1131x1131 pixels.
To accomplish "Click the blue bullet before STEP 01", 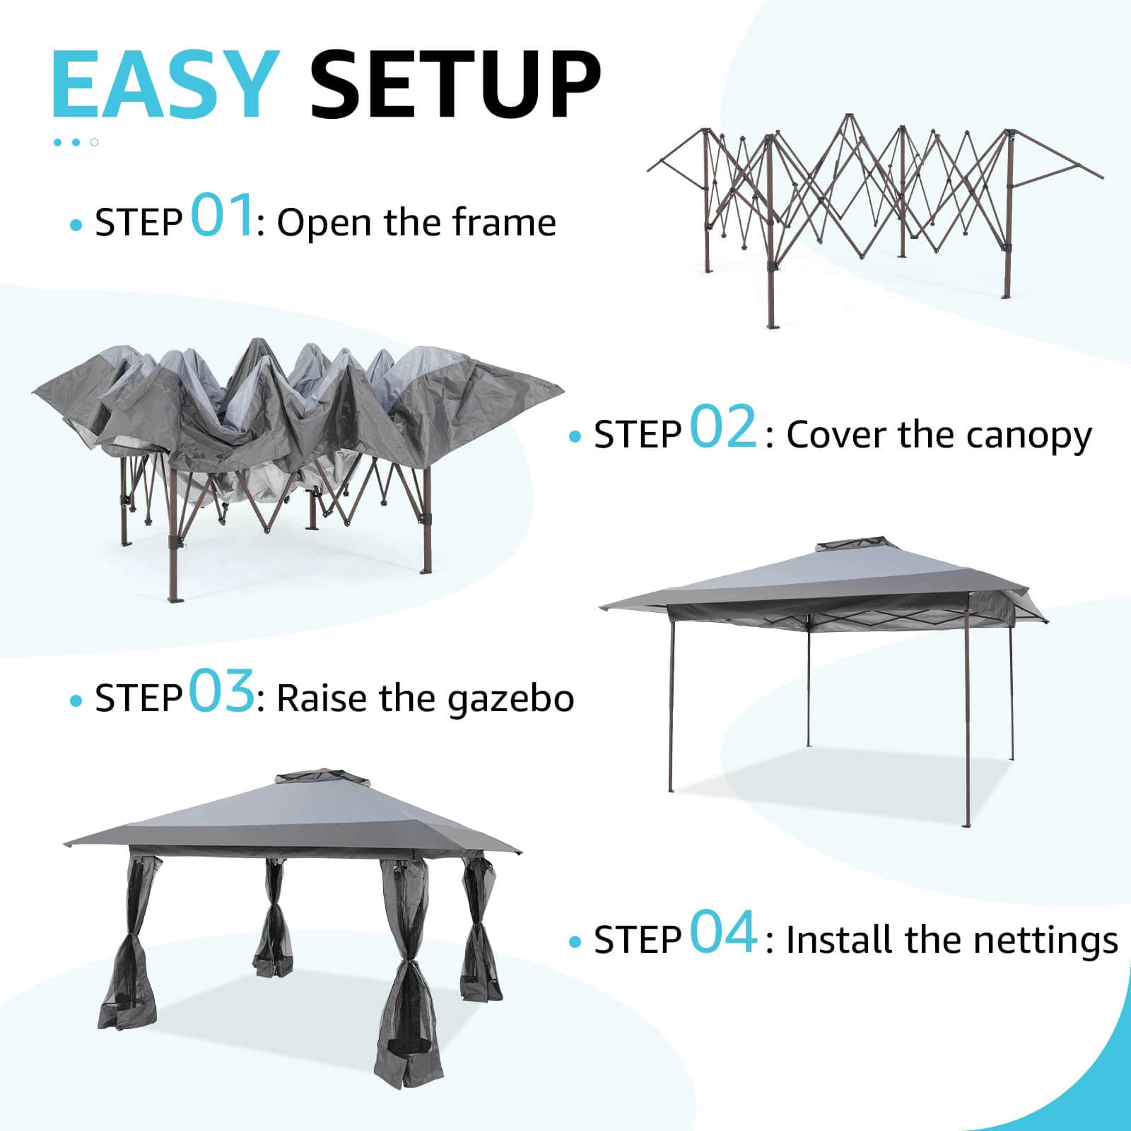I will click(76, 225).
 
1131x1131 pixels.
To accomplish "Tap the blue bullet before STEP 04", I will click(575, 942).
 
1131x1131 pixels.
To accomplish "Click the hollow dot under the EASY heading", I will click(94, 142).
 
